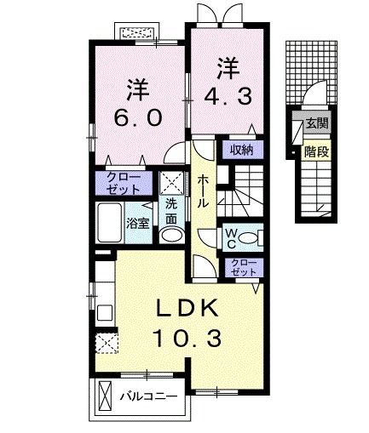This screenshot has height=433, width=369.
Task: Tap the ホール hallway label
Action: click(x=205, y=192)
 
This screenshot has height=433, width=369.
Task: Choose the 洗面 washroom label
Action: click(x=171, y=209)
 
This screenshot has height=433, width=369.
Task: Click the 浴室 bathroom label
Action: click(x=140, y=225)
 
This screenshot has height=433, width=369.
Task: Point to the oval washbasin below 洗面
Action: click(x=171, y=236)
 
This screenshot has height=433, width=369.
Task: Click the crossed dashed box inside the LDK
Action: click(x=107, y=343)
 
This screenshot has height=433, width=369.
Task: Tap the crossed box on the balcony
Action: click(x=105, y=396)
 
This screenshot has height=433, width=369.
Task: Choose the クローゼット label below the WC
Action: click(x=242, y=268)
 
